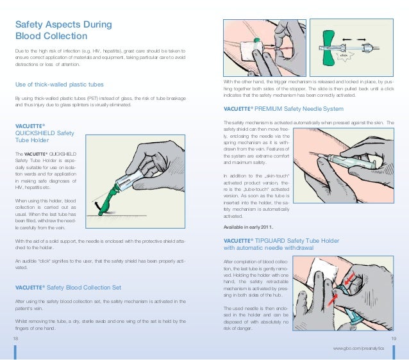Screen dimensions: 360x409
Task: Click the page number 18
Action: pos(15,338)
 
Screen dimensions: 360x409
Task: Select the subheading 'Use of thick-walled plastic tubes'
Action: pos(65,85)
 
